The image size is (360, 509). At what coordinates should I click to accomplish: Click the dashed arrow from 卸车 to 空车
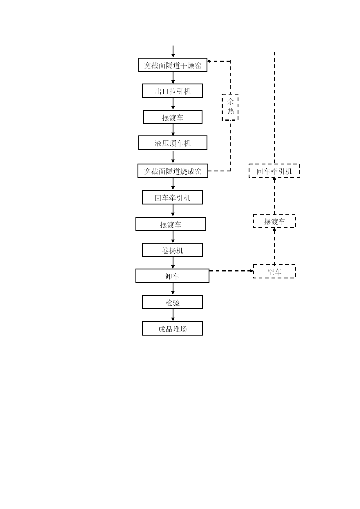click(231, 271)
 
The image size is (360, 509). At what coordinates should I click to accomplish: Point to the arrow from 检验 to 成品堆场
click(173, 315)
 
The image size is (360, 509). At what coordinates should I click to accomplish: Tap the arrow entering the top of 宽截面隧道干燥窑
click(173, 52)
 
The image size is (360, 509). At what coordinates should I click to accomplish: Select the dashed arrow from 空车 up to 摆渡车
click(274, 246)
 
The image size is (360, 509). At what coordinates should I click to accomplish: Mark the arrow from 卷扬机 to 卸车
click(173, 263)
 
